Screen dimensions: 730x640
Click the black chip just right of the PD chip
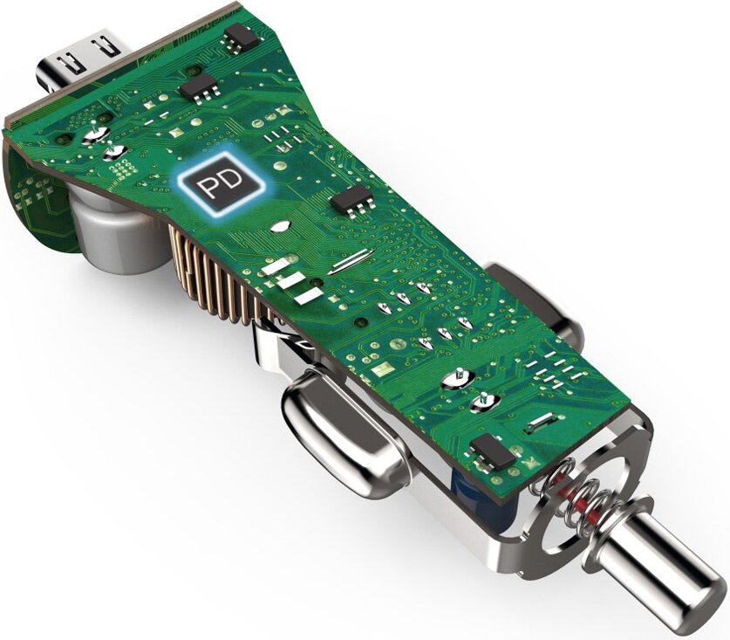pyautogui.click(x=353, y=198)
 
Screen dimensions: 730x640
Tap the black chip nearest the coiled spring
pyautogui.click(x=494, y=451)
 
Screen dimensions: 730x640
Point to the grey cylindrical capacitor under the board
pyautogui.click(x=116, y=233)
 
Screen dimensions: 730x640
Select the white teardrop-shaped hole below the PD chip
pyautogui.click(x=281, y=226)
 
